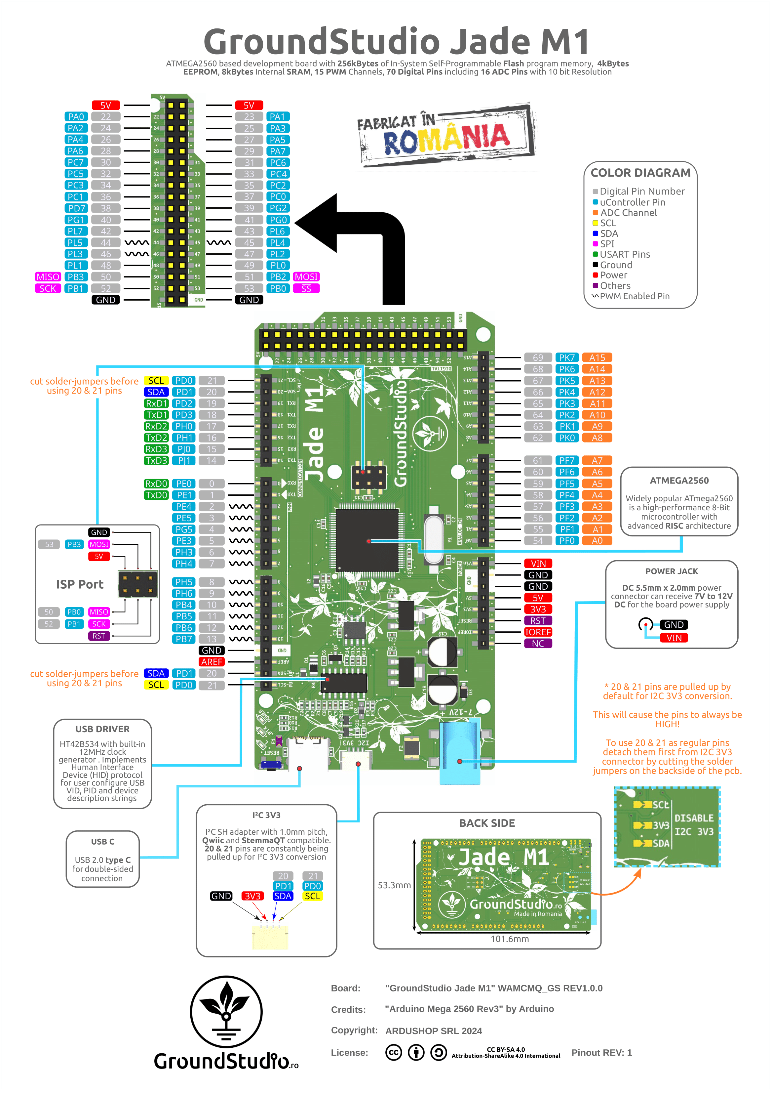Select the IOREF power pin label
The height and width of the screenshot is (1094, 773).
(538, 632)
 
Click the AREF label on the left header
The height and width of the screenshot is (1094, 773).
(212, 662)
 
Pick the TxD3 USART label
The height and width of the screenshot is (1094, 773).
(156, 460)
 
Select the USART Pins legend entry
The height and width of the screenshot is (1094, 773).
(624, 254)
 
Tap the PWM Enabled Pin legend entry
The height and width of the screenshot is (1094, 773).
(634, 296)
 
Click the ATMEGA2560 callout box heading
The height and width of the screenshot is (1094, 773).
(679, 480)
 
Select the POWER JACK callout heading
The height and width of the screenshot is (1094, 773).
(671, 571)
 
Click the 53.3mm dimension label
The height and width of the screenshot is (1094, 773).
(394, 885)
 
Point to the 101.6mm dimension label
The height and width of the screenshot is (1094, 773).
(509, 939)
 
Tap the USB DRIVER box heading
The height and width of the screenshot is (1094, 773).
(102, 729)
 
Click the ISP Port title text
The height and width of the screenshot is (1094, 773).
(80, 584)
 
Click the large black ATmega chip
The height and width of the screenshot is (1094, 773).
(367, 540)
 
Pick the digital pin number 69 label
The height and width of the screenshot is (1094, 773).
(538, 358)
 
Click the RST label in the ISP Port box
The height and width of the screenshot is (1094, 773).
(98, 636)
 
